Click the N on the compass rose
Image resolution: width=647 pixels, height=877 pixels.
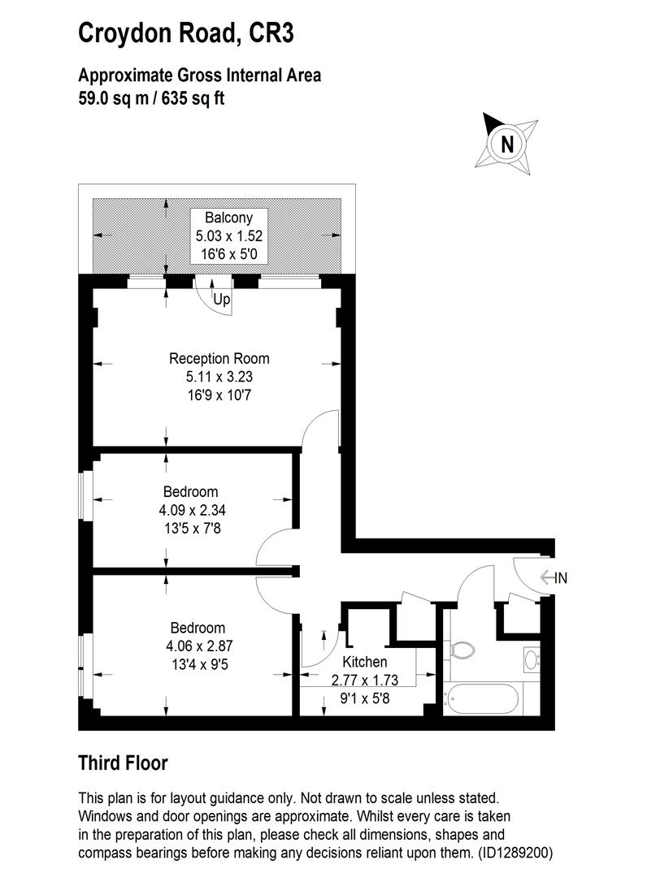(x=507, y=145)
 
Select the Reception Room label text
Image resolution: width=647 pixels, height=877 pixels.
(x=219, y=358)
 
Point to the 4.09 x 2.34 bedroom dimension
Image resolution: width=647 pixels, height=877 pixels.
(x=190, y=511)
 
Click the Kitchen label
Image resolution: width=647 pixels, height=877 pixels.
(x=364, y=662)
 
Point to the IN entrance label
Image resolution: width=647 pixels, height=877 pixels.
(x=560, y=578)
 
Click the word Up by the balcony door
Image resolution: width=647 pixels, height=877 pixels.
(x=222, y=300)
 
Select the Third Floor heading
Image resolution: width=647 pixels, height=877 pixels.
(x=123, y=763)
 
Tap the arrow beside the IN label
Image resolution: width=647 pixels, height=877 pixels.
(x=545, y=578)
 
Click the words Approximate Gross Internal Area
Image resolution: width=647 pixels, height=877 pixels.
(x=199, y=76)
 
